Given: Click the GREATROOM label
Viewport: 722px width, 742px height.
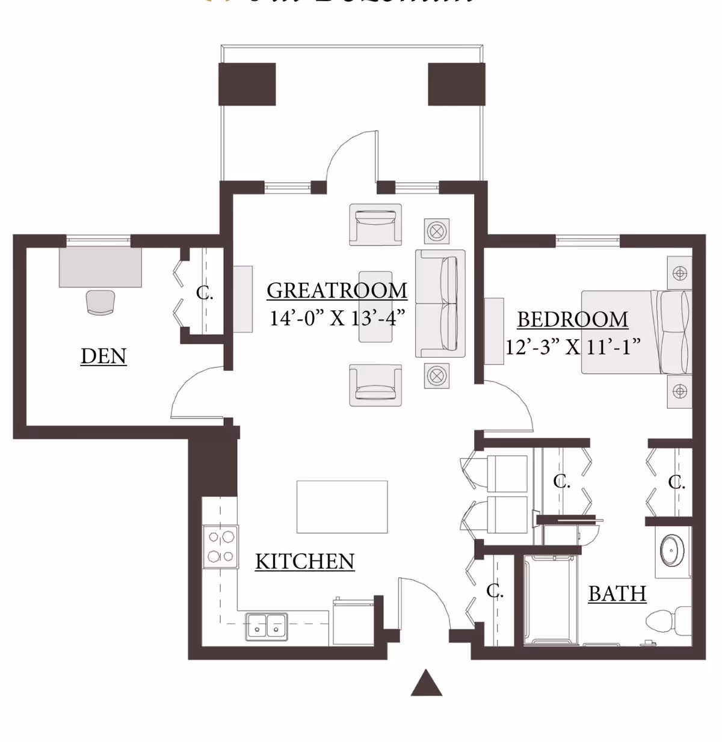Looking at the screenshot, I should pyautogui.click(x=337, y=290).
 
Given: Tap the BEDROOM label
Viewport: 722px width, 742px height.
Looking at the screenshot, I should pyautogui.click(x=572, y=319).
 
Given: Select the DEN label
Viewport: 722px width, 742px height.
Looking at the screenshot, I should pyautogui.click(x=103, y=356).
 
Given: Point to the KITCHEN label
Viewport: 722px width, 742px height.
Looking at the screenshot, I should pyautogui.click(x=304, y=561).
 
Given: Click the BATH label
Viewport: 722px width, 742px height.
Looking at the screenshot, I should pyautogui.click(x=617, y=593).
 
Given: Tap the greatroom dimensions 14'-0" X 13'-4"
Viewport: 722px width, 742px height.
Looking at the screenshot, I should pyautogui.click(x=337, y=317).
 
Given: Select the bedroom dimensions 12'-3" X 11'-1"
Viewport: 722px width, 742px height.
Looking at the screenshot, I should pyautogui.click(x=572, y=347).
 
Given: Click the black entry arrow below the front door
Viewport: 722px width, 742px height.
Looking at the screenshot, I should pyautogui.click(x=427, y=684).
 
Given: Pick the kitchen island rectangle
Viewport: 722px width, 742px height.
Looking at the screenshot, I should pyautogui.click(x=342, y=506).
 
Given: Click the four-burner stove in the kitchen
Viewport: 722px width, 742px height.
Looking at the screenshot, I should pyautogui.click(x=220, y=546).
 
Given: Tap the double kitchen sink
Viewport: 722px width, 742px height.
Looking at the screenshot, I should pyautogui.click(x=266, y=627).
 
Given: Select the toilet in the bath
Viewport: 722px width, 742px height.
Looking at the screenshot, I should pyautogui.click(x=668, y=620).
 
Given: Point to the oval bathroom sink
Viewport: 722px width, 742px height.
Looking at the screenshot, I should pyautogui.click(x=671, y=549).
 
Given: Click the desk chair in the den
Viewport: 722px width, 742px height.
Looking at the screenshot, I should pyautogui.click(x=100, y=302).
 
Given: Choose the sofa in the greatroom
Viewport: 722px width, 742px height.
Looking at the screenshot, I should pyautogui.click(x=441, y=304).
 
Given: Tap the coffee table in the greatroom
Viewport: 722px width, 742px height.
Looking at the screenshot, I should pyautogui.click(x=375, y=307).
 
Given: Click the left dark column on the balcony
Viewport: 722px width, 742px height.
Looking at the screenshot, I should pyautogui.click(x=247, y=84).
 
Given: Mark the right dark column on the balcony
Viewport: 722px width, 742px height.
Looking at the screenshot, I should pyautogui.click(x=456, y=84).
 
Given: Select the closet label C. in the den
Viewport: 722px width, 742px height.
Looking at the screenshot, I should pyautogui.click(x=204, y=293).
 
